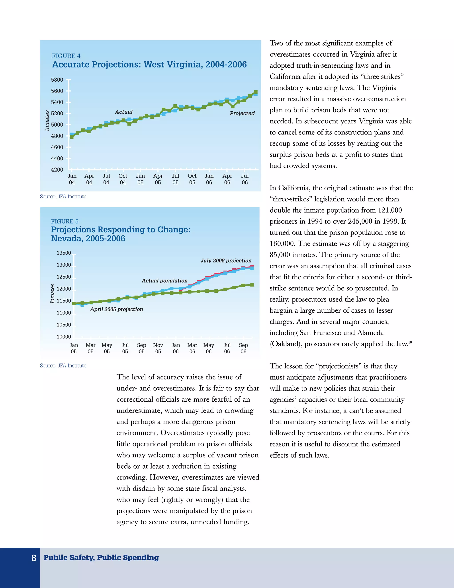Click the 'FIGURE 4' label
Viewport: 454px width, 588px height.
pos(66,56)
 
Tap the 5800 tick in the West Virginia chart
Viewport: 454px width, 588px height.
pos(57,80)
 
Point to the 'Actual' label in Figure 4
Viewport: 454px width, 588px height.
pos(124,112)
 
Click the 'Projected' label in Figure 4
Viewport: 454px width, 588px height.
pos(242,113)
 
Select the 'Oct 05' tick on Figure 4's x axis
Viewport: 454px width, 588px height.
pos(192,179)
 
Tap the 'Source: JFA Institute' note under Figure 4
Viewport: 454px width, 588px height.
pos(63,197)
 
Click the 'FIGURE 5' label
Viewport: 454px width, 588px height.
pos(65,221)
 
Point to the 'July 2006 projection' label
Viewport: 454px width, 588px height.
pos(226,261)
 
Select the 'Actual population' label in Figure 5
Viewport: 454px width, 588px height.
pos(165,281)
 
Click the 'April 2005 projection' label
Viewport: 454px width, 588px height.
pos(116,309)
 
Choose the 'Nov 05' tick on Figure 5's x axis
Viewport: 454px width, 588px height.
pos(158,348)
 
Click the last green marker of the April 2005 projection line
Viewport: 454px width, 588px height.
pos(252,285)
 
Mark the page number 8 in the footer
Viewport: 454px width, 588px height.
pos(34,558)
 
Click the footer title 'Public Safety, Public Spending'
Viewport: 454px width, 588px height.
pos(101,558)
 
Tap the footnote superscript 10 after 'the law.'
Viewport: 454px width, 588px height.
pos(410,342)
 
